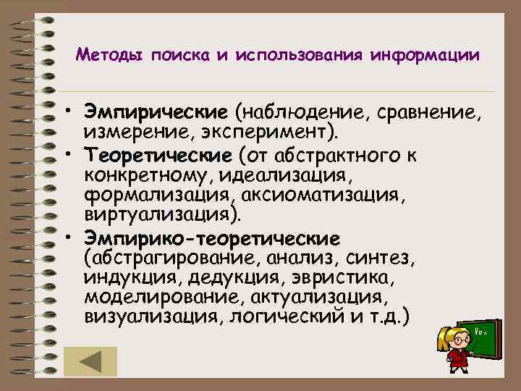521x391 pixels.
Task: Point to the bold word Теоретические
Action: coord(159,154)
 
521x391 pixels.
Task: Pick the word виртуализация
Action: coord(158,216)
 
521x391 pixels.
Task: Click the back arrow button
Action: coord(90,361)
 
